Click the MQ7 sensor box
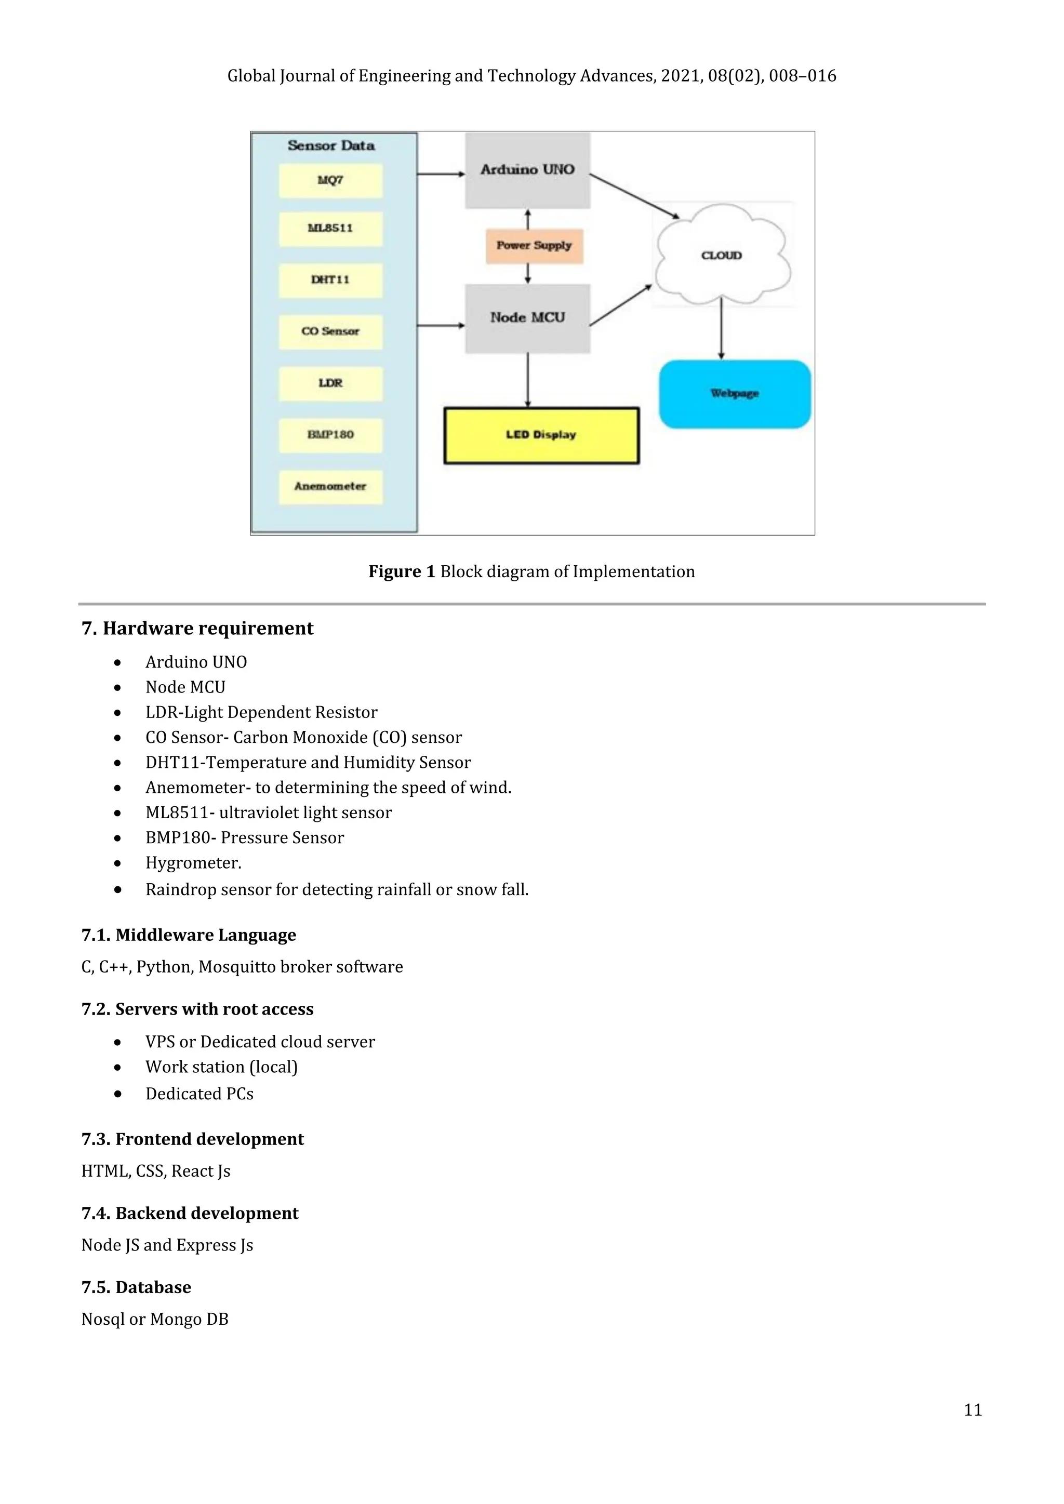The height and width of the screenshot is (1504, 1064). point(330,180)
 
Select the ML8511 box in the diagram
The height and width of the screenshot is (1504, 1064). point(330,229)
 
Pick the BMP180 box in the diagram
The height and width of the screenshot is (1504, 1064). point(330,435)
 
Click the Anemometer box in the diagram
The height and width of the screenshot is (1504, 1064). point(330,487)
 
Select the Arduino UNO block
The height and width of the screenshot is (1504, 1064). point(527,170)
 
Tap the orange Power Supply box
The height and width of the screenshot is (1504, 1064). point(534,246)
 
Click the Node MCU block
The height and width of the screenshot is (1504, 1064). point(527,318)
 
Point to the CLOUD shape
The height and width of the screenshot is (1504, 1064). point(721,256)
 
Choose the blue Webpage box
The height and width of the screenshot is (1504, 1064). point(735,394)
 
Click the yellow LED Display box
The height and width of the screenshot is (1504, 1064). point(541,435)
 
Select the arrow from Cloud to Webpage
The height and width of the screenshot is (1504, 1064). point(721,327)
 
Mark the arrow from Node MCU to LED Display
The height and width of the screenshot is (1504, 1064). point(527,380)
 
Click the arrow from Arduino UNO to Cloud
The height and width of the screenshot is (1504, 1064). point(634,196)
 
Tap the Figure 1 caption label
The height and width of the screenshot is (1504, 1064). point(401,572)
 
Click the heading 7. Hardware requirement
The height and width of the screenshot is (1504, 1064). point(197,628)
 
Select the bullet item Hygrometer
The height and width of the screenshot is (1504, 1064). point(193,863)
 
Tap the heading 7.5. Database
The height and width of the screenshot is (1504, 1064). point(136,1287)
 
